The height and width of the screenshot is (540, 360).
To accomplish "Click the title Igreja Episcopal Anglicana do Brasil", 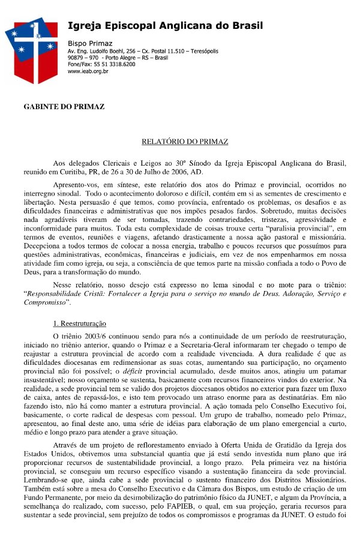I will pyautogui.click(x=165, y=25).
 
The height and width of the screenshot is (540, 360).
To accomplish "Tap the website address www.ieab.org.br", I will pyautogui.click(x=88, y=71).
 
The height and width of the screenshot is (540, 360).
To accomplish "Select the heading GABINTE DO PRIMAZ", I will pyautogui.click(x=64, y=107).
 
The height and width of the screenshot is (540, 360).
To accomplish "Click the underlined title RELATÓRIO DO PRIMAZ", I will pyautogui.click(x=185, y=142).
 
